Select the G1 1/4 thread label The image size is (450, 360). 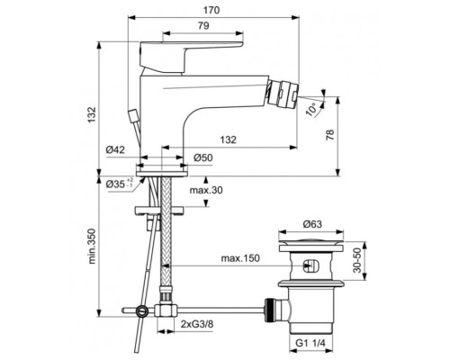[310, 344]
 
